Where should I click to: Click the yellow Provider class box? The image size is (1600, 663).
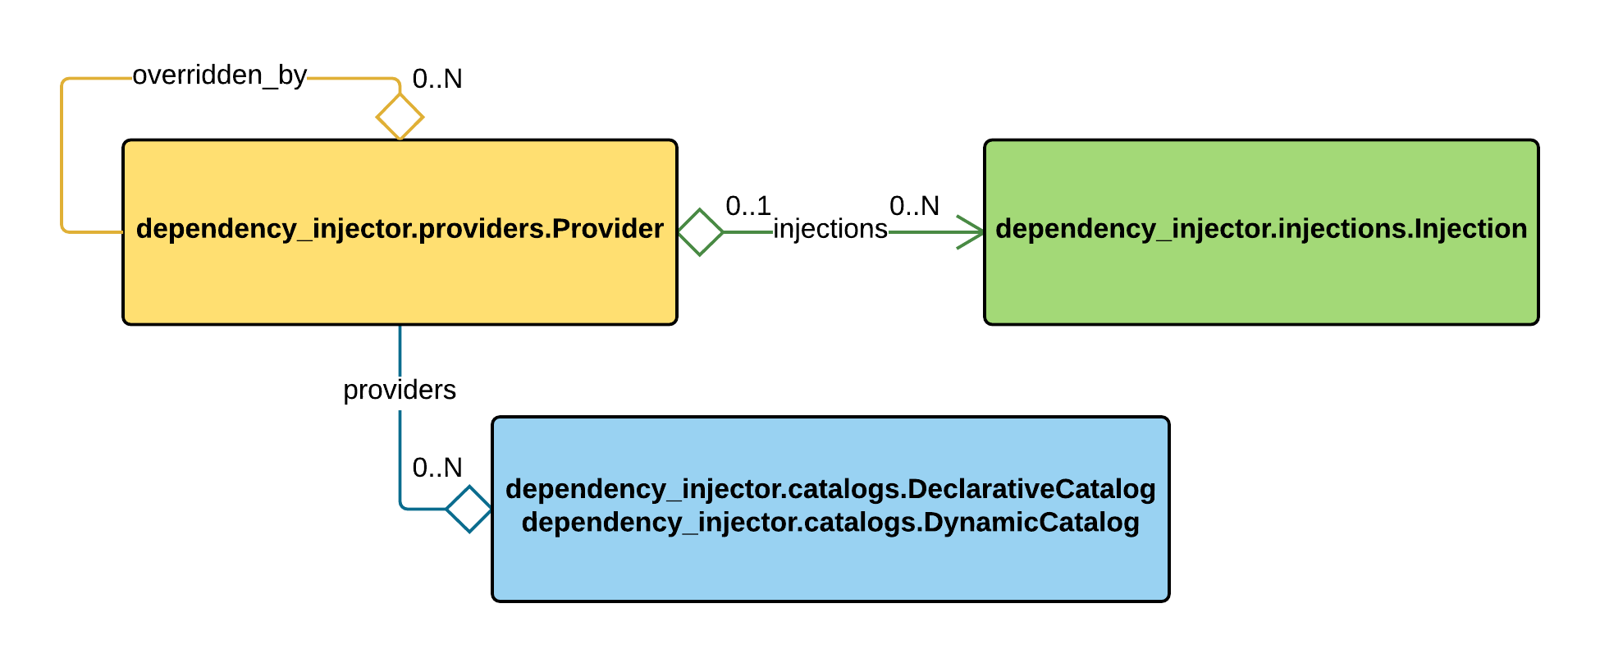click(400, 279)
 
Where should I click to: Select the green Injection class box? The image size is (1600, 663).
click(1261, 279)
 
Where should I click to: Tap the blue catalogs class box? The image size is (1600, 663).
click(830, 566)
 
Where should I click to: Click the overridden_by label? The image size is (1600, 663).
click(220, 75)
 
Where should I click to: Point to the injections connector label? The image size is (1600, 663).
click(830, 229)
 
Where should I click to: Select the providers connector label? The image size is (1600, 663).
click(400, 390)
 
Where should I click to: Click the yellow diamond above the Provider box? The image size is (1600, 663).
click(400, 117)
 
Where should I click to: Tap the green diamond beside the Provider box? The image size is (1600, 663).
click(700, 232)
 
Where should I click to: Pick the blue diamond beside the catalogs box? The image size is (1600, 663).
click(469, 510)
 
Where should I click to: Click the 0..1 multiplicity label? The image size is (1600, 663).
click(748, 206)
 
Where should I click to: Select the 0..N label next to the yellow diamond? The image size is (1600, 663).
click(437, 80)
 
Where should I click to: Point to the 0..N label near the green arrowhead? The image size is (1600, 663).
click(914, 206)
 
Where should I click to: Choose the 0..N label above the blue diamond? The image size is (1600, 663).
click(437, 468)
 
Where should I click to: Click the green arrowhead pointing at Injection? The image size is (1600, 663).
click(972, 232)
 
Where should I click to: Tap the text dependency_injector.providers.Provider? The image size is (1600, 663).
click(400, 229)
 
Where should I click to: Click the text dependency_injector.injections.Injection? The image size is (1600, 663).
click(1261, 229)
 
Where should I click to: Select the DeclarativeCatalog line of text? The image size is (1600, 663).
click(830, 489)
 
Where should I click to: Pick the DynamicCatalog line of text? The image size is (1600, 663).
click(830, 523)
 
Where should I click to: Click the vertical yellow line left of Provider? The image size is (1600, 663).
click(62, 156)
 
